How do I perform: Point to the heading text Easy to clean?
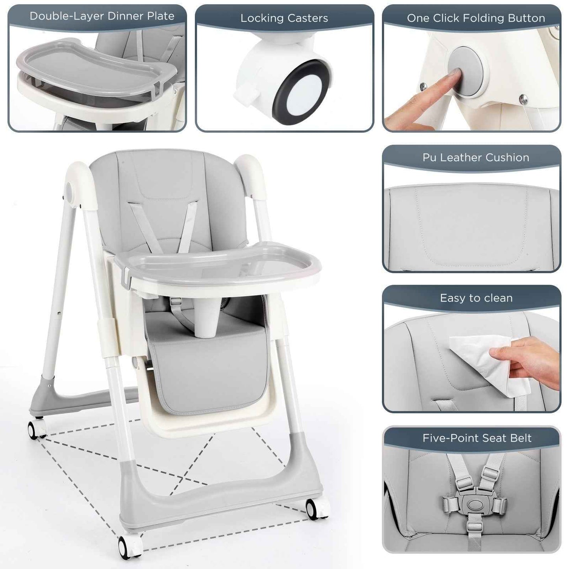click(476, 298)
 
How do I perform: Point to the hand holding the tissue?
click(532, 360)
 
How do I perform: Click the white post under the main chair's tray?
click(208, 315)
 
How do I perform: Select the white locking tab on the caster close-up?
click(244, 96)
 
